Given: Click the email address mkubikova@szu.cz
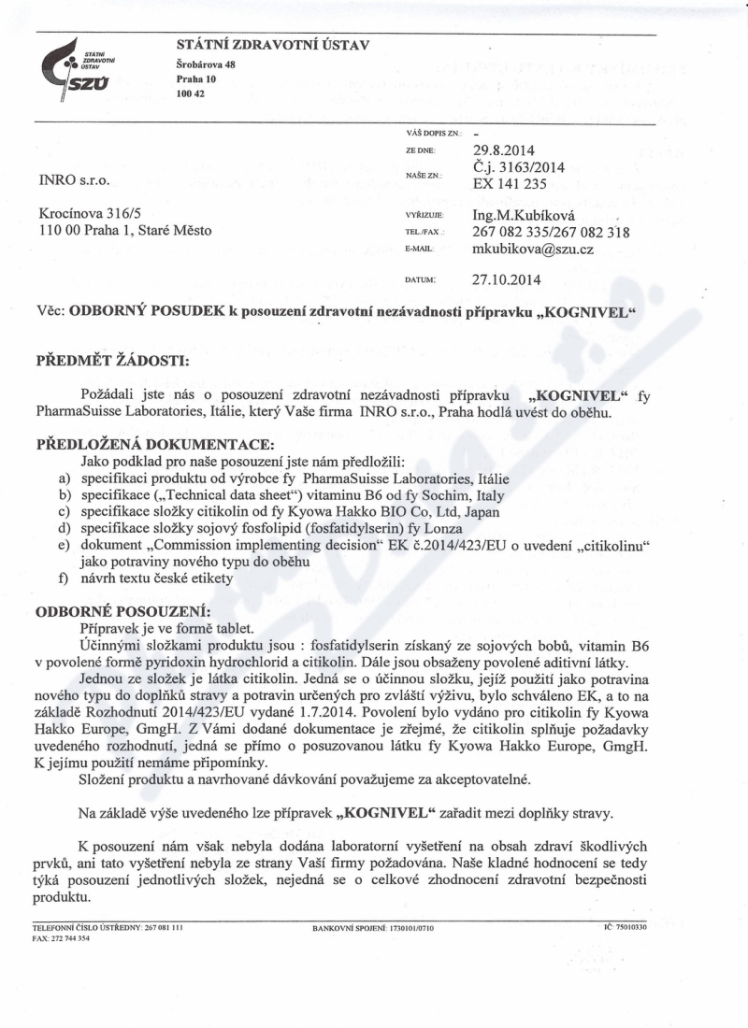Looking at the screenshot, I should point(533,250).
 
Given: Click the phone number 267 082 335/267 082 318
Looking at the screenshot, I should point(551,233).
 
